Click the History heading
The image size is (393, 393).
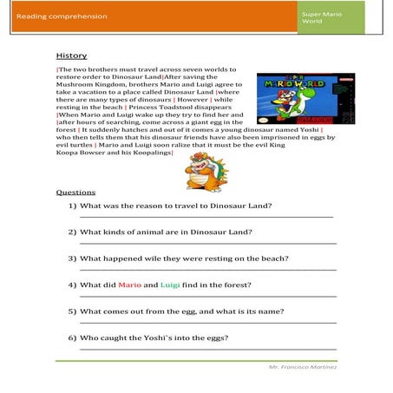70,55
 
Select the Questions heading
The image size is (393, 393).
75,192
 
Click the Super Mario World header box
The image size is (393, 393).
331,16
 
